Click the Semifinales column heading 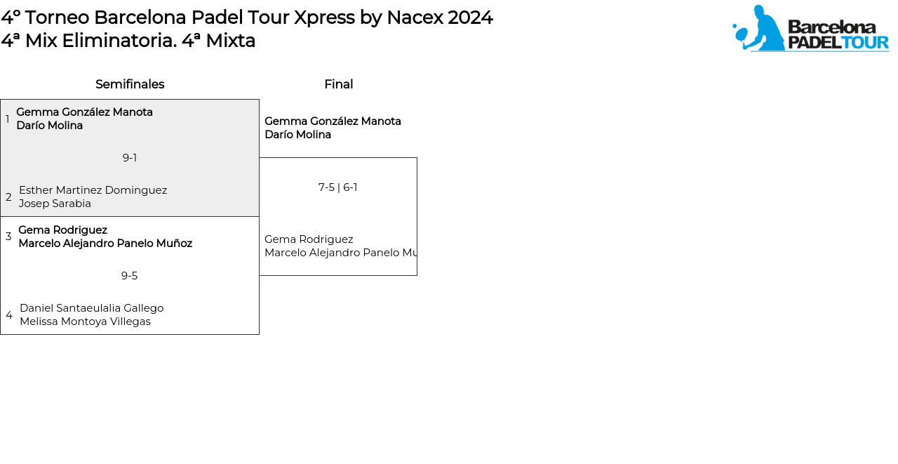point(130,84)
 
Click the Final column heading point(339,84)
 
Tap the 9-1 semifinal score point(130,158)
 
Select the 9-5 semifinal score point(130,275)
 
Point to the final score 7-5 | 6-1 point(338,187)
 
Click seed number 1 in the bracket point(7,119)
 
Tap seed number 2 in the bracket point(8,197)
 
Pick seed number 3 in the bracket point(8,236)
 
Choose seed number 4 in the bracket point(9,314)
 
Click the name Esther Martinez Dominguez point(93,190)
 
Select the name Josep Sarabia point(55,204)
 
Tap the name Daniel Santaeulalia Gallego point(92,308)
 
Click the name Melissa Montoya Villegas point(86,322)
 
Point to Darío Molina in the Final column point(298,134)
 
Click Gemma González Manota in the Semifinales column point(85,112)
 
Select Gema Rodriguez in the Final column point(309,239)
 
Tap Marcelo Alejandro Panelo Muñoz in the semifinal point(105,244)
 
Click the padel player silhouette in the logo point(759,29)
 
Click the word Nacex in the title point(414,18)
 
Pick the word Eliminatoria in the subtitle point(119,41)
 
